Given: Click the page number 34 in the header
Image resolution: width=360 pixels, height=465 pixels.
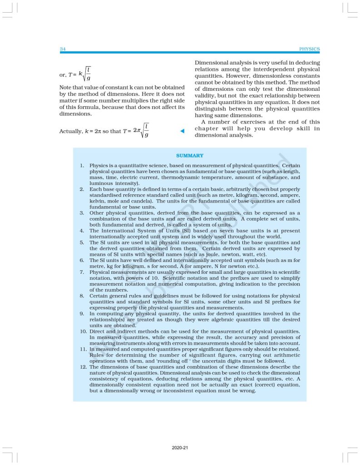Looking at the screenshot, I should click(x=63, y=49).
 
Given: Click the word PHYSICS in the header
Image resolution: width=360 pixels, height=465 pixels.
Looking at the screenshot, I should click(x=310, y=49).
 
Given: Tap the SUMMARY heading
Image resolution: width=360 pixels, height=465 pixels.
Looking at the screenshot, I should click(x=190, y=156).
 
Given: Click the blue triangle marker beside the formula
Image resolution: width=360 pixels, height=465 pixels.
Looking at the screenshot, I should click(x=182, y=131).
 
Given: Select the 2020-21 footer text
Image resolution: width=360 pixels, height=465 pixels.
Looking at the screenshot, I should click(x=180, y=448).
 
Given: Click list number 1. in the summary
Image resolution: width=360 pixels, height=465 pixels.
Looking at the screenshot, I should click(x=83, y=166).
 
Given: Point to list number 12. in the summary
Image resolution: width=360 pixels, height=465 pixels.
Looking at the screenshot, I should click(x=81, y=367).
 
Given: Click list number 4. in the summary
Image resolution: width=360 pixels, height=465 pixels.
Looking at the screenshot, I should click(x=82, y=231).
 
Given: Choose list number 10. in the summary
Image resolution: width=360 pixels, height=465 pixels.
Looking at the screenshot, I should click(x=82, y=331).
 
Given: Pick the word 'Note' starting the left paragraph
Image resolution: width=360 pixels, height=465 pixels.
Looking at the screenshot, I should click(x=66, y=87).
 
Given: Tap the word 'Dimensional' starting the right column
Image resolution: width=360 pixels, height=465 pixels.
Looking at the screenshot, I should click(x=212, y=63).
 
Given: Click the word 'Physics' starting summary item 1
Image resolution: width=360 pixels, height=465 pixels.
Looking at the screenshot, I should click(x=99, y=166).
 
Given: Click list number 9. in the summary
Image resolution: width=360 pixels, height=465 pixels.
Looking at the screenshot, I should click(x=82, y=314).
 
